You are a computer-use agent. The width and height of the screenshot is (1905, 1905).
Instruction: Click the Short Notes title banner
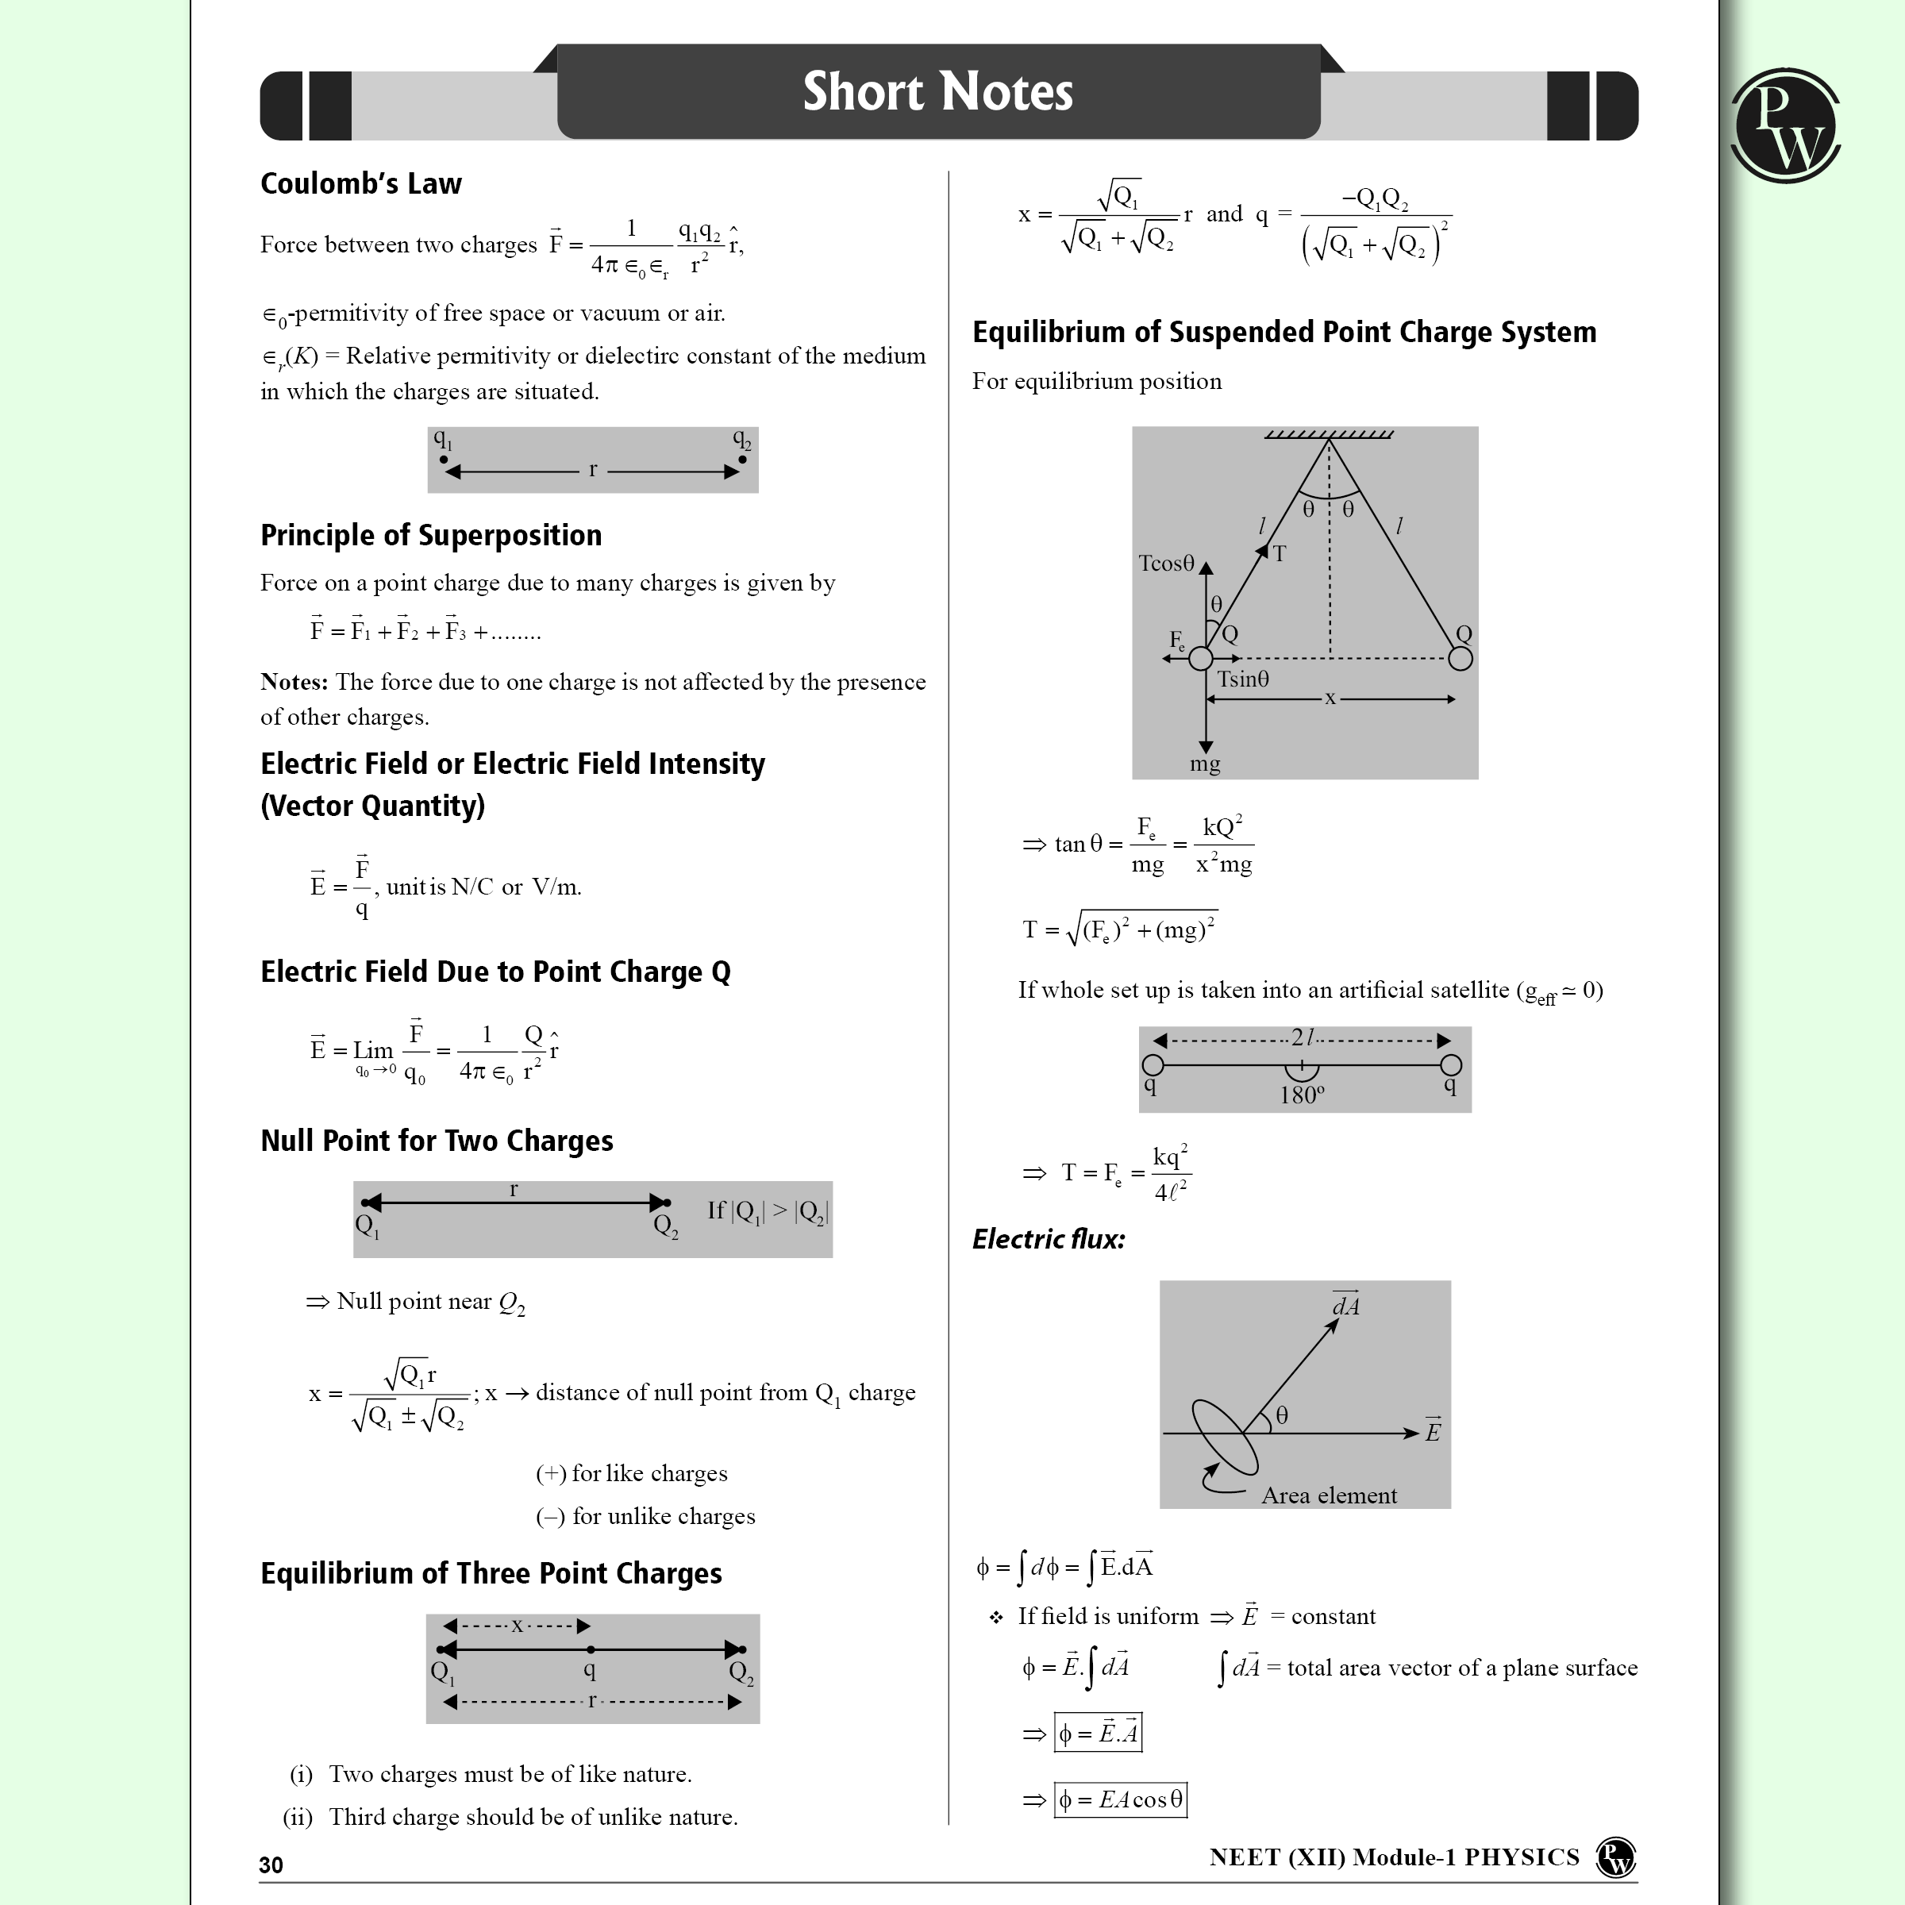pyautogui.click(x=937, y=93)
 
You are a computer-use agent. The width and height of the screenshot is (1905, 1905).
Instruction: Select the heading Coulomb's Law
pyautogui.click(x=361, y=183)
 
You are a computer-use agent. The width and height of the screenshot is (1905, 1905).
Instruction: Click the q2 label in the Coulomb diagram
pyautogui.click(x=741, y=440)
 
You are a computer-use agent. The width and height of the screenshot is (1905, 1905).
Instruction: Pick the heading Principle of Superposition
pyautogui.click(x=431, y=536)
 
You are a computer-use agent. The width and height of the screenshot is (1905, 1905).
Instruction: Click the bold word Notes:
pyautogui.click(x=294, y=683)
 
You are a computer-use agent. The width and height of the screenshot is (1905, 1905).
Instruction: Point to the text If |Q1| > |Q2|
pyautogui.click(x=767, y=1210)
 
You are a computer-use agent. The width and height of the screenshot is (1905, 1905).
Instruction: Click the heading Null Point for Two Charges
pyautogui.click(x=437, y=1141)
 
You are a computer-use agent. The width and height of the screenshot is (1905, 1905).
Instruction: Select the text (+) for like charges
pyautogui.click(x=631, y=1473)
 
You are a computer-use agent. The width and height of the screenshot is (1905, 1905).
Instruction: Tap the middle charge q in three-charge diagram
pyautogui.click(x=590, y=1668)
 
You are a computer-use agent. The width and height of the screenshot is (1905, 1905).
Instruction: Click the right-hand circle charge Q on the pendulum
pyautogui.click(x=1460, y=658)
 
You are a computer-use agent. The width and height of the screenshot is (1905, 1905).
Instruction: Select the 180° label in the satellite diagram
pyautogui.click(x=1302, y=1095)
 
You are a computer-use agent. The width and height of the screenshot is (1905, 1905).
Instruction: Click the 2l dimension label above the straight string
pyautogui.click(x=1303, y=1037)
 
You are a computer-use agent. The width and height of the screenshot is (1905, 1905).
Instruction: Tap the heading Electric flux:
pyautogui.click(x=1048, y=1239)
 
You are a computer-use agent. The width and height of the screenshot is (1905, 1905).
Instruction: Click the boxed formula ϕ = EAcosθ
pyautogui.click(x=1120, y=1799)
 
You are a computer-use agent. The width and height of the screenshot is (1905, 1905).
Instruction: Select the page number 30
pyautogui.click(x=271, y=1865)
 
